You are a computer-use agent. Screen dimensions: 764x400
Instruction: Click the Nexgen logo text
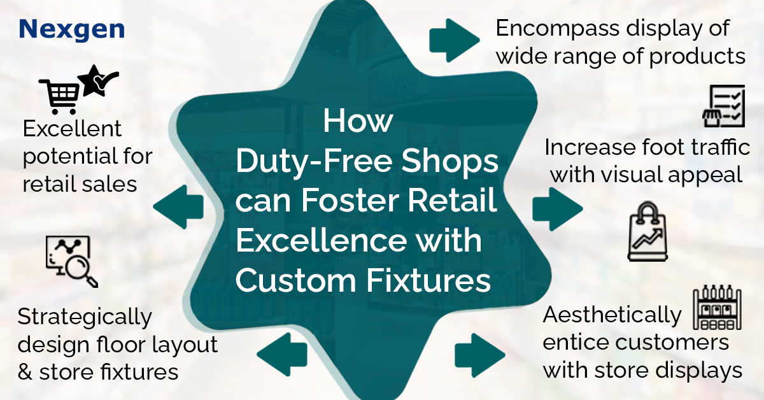click(72, 30)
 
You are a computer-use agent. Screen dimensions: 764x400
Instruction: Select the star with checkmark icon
click(98, 80)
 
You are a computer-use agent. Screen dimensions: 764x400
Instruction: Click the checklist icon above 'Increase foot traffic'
click(724, 106)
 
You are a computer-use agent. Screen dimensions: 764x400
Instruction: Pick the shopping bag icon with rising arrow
click(647, 231)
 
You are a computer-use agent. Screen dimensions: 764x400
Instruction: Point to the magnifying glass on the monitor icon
click(80, 271)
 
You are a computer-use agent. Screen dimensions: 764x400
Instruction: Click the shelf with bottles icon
click(718, 307)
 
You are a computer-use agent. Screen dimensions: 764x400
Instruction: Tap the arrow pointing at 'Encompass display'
click(455, 40)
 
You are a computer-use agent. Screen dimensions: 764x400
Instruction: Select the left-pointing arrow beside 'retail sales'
click(178, 207)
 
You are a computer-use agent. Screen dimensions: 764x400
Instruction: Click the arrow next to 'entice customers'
click(480, 355)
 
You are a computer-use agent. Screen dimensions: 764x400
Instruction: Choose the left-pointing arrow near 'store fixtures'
click(282, 355)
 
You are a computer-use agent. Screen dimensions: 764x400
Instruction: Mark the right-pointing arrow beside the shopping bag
click(558, 209)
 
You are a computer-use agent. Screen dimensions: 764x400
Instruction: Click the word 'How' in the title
click(358, 121)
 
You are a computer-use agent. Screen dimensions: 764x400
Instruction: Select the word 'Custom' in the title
click(296, 280)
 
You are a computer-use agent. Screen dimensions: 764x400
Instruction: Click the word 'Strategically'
click(85, 317)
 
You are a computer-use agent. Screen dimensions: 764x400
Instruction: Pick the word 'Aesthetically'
click(612, 315)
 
